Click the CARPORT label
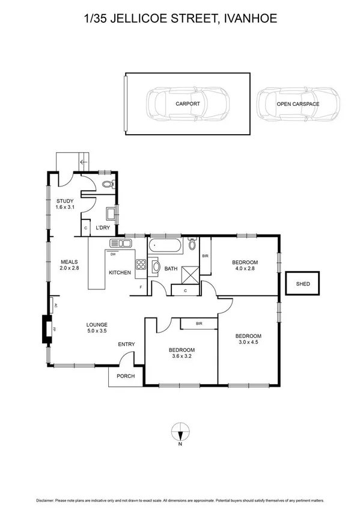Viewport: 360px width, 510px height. tap(188, 104)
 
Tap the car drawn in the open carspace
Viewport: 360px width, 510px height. tap(297, 103)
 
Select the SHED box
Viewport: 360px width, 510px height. tap(304, 283)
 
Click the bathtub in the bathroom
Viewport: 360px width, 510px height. tap(163, 245)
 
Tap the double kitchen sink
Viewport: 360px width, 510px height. tap(120, 243)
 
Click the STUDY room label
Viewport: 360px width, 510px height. tap(64, 201)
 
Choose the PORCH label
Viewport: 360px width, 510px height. tap(126, 376)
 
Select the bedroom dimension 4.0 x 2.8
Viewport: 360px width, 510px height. tap(245, 269)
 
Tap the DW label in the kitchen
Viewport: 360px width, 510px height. tap(112, 254)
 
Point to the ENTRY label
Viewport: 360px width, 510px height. tap(126, 344)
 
